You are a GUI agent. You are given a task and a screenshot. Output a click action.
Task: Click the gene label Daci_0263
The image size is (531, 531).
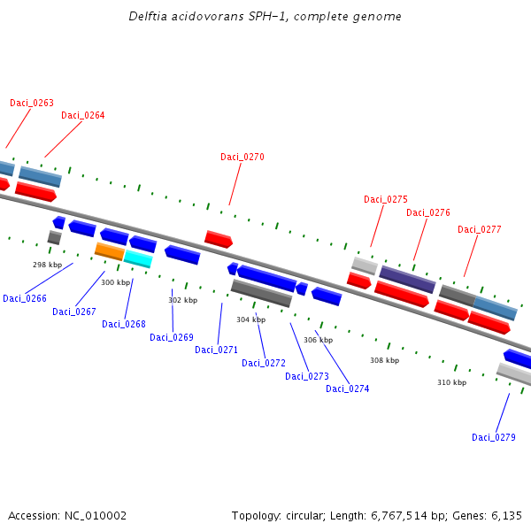[32, 103]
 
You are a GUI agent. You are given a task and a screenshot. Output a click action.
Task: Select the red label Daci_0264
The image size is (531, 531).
[83, 115]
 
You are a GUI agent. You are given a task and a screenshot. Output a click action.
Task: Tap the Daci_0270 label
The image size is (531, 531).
[242, 157]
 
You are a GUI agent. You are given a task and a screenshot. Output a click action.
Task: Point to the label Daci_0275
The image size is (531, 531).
[386, 199]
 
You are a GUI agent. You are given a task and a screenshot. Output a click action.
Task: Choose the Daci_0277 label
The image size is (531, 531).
[480, 229]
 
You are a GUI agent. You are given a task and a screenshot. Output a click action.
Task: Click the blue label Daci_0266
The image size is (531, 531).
[25, 298]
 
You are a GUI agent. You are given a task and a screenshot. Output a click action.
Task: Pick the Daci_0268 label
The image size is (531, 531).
[124, 324]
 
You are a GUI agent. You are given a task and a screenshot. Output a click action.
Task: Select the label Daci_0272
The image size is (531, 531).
[264, 363]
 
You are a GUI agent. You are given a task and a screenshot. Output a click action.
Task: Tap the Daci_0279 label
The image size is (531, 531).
[494, 437]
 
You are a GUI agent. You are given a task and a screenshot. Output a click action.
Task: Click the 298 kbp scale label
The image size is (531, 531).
[48, 265]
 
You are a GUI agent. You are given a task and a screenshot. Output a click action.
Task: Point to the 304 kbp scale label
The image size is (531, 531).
[250, 319]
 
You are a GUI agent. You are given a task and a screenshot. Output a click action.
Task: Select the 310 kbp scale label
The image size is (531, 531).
[451, 382]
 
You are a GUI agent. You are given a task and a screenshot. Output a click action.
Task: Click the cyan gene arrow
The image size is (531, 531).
[138, 258]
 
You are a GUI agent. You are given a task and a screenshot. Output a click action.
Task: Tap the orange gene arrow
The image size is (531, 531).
[110, 251]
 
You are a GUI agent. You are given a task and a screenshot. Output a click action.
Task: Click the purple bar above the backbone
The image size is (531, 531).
[407, 279]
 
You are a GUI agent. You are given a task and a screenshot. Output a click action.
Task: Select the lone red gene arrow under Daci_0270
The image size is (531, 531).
[218, 239]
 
